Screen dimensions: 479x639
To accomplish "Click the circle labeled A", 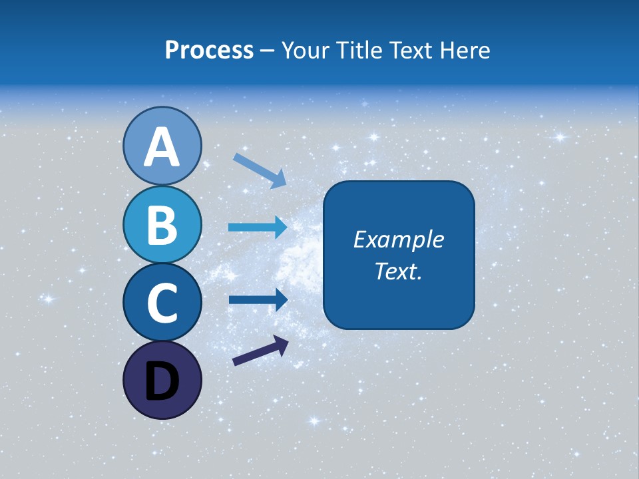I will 162,146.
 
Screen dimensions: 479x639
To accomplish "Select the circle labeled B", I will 162,224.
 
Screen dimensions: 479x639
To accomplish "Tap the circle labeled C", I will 162,303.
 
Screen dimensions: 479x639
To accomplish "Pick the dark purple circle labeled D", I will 162,380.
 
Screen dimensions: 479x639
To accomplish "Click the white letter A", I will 162,148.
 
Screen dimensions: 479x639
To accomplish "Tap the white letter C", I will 162,303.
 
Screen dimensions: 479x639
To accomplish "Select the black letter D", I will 162,381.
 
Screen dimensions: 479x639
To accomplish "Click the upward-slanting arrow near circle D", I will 260,350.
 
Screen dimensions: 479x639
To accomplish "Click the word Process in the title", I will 209,51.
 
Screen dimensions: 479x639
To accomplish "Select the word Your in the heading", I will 306,51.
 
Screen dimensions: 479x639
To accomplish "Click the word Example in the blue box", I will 398,239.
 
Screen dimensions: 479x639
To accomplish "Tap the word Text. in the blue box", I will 398,271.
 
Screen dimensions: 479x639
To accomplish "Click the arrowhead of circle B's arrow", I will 280,228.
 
